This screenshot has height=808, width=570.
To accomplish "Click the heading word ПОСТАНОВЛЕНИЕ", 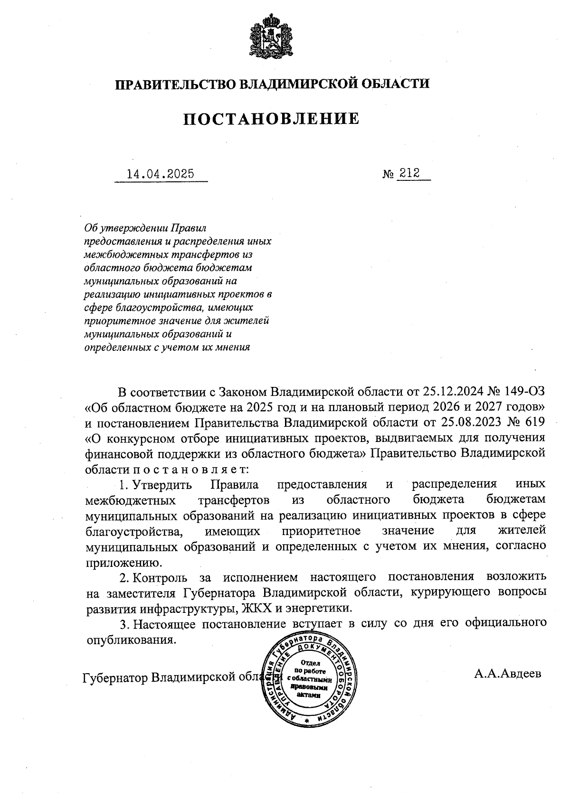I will pyautogui.click(x=272, y=119).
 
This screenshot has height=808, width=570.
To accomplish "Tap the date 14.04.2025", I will pyautogui.click(x=161, y=174).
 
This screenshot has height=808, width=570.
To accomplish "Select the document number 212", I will pyautogui.click(x=409, y=173).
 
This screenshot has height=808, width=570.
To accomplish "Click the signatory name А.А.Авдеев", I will pyautogui.click(x=507, y=674).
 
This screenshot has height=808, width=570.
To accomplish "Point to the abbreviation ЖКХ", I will pyautogui.click(x=256, y=608).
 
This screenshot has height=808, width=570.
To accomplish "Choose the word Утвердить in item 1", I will pyautogui.click(x=162, y=485).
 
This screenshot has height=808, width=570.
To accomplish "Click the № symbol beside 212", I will pyautogui.click(x=388, y=174).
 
